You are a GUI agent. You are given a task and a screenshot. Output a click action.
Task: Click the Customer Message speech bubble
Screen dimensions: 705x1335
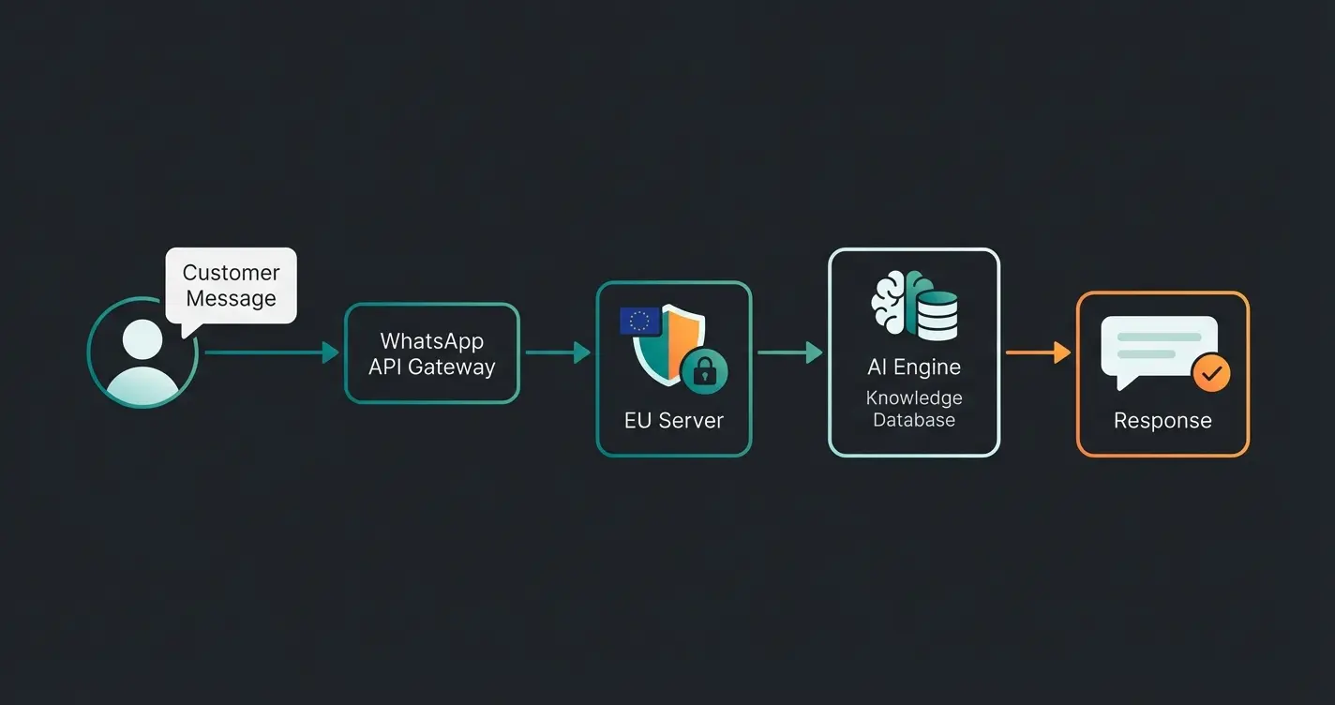click(x=231, y=286)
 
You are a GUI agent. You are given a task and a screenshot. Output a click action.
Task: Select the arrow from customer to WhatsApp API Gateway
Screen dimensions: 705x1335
click(x=271, y=352)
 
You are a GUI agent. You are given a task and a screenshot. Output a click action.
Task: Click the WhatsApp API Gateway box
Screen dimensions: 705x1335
click(x=431, y=353)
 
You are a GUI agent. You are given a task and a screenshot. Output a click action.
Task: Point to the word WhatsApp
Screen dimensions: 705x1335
click(x=431, y=340)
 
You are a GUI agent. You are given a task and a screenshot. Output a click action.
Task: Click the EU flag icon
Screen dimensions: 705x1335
click(x=640, y=322)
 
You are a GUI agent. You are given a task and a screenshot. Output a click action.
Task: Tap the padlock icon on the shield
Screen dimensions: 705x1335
click(x=704, y=372)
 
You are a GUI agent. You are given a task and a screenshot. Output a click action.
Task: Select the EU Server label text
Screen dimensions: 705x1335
click(x=673, y=420)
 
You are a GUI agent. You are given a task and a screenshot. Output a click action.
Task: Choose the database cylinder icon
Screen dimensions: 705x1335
click(x=937, y=315)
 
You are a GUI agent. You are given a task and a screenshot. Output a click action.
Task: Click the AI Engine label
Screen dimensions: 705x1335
click(x=913, y=367)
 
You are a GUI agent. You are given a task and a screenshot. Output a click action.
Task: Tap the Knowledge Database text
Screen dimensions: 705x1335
click(x=913, y=409)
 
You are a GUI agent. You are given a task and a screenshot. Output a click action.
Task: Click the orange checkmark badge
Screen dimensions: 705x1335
click(x=1211, y=373)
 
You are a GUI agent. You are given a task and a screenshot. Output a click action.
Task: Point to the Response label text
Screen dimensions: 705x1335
click(x=1162, y=420)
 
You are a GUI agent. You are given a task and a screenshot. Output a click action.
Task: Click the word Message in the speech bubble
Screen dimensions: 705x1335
click(x=231, y=299)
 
